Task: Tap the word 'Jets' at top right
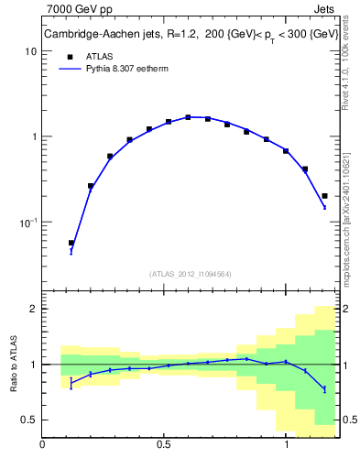click(x=324, y=10)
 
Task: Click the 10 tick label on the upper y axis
click(x=30, y=51)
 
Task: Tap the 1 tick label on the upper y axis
click(x=33, y=136)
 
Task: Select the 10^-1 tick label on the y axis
click(x=27, y=222)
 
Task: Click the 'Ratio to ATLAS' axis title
click(x=13, y=364)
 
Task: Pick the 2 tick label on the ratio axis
click(x=33, y=309)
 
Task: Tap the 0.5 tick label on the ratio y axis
click(x=28, y=420)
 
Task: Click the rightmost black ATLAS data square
click(x=324, y=195)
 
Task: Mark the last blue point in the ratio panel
click(x=324, y=389)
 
